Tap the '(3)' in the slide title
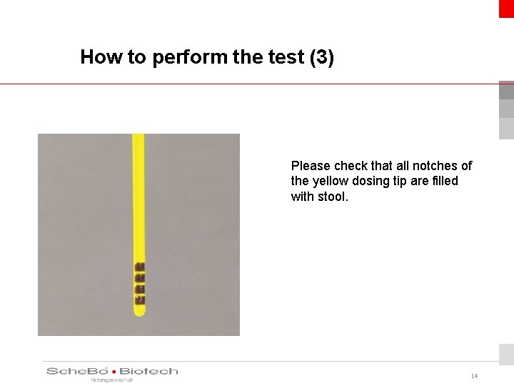322,57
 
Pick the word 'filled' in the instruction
443,181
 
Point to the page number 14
474,376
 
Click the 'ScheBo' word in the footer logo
77,371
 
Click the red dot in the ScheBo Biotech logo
114,372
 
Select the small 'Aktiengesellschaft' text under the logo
111,380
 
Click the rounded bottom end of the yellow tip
139,312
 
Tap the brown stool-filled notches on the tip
140,280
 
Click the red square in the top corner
506,8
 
